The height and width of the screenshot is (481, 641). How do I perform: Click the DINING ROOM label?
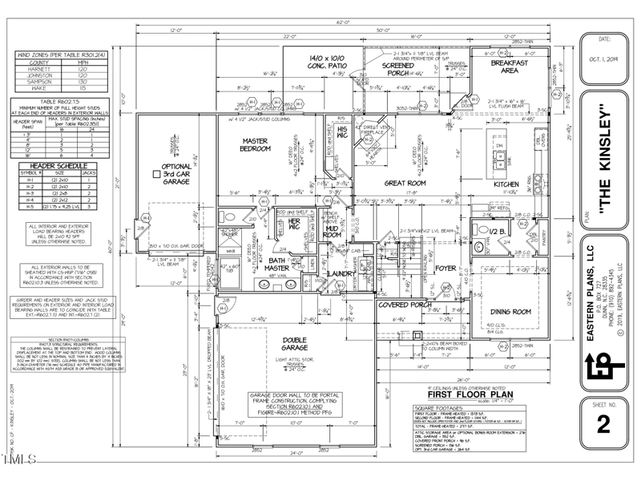510,311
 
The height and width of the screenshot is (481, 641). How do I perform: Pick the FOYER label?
445,269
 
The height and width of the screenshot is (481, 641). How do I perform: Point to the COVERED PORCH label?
383,305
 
